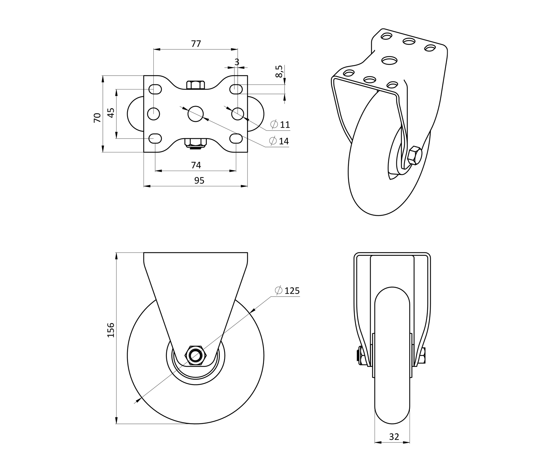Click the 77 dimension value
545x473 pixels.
pyautogui.click(x=196, y=44)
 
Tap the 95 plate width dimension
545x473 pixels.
pyautogui.click(x=199, y=180)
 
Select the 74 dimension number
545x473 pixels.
pyautogui.click(x=196, y=165)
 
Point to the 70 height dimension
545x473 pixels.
pyautogui.click(x=97, y=118)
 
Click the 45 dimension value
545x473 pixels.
pyautogui.click(x=112, y=113)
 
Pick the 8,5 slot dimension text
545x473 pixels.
pyautogui.click(x=279, y=71)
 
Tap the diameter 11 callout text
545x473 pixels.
pyautogui.click(x=280, y=124)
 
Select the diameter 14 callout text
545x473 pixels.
pyautogui.click(x=279, y=141)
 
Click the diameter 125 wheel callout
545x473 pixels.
pyautogui.click(x=287, y=291)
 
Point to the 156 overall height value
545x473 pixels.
pyautogui.click(x=111, y=330)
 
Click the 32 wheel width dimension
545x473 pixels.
pyautogui.click(x=394, y=437)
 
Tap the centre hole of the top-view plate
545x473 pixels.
pyautogui.click(x=195, y=114)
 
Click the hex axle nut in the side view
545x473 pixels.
pyautogui.click(x=195, y=355)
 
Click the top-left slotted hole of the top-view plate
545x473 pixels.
pyautogui.click(x=155, y=89)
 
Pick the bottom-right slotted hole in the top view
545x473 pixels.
pyautogui.click(x=236, y=138)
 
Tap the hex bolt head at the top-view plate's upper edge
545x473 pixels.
pyautogui.click(x=195, y=85)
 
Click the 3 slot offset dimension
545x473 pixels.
pyautogui.click(x=237, y=62)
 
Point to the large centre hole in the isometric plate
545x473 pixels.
pyautogui.click(x=390, y=60)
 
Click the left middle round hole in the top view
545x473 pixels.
pyautogui.click(x=153, y=114)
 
